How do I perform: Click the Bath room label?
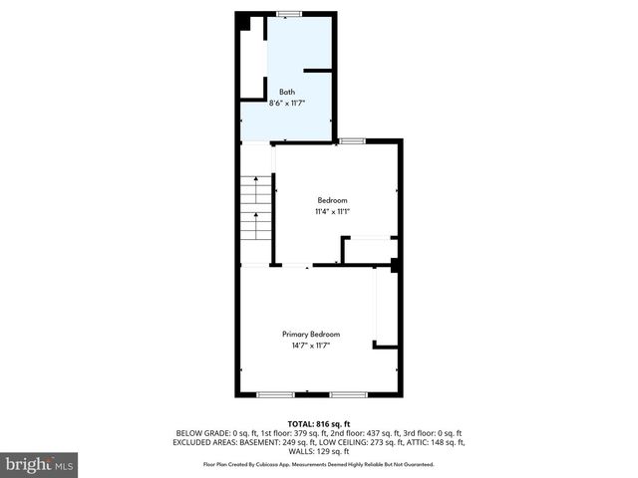[286, 92]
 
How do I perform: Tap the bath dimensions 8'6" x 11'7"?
[286, 102]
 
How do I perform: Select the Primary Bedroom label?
[311, 334]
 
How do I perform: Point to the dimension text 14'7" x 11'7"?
[311, 345]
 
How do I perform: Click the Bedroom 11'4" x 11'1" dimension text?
[333, 211]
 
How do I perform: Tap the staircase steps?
[257, 206]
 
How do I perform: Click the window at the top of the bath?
[289, 13]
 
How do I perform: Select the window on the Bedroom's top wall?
[351, 141]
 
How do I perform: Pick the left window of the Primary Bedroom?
[275, 395]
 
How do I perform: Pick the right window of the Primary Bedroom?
[349, 395]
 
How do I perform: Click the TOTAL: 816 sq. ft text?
[319, 424]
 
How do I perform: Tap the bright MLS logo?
[39, 464]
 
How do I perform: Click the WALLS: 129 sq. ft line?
[319, 450]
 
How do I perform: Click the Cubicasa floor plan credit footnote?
[319, 464]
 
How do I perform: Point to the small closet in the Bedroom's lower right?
[370, 250]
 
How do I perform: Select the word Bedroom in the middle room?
[333, 200]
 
